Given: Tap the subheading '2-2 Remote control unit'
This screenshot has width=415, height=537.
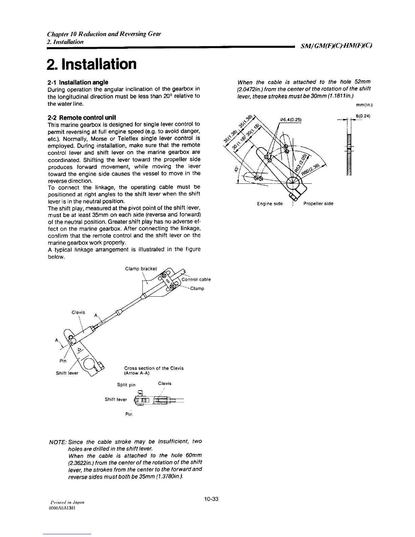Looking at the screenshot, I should pyautogui.click(x=81, y=117).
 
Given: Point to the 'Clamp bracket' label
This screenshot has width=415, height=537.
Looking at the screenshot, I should pyautogui.click(x=141, y=269).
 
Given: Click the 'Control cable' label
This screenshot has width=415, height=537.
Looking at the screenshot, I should pyautogui.click(x=196, y=280).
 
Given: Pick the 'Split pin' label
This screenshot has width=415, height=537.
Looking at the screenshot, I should pyautogui.click(x=126, y=385).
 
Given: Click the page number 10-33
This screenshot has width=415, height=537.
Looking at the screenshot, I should pyautogui.click(x=211, y=499).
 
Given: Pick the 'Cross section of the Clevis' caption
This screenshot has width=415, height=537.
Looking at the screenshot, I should pyautogui.click(x=154, y=368).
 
